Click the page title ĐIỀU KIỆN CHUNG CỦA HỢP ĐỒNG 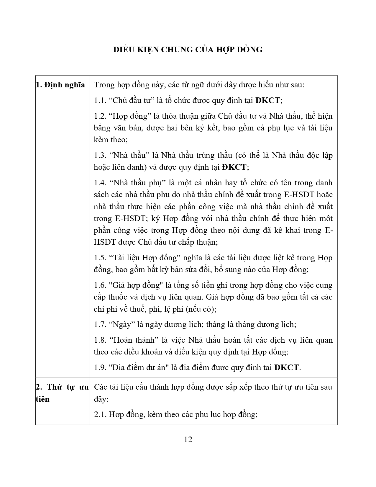pos(188,49)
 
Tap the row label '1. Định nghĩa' pos(60,85)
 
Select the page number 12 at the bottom pos(188,439)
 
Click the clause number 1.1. pos(100,100)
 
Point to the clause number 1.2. pos(100,116)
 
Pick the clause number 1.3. pos(100,155)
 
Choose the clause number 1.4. pos(100,183)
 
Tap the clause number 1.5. pos(100,258)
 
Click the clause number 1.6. pos(100,285)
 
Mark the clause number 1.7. pos(100,324)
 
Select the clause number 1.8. pos(100,340)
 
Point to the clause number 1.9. pos(100,367)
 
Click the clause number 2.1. pos(100,414)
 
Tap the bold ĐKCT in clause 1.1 pos(267,100)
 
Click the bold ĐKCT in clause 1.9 pos(286,367)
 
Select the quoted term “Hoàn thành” pos(133,340)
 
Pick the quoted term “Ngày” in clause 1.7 pos(122,324)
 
